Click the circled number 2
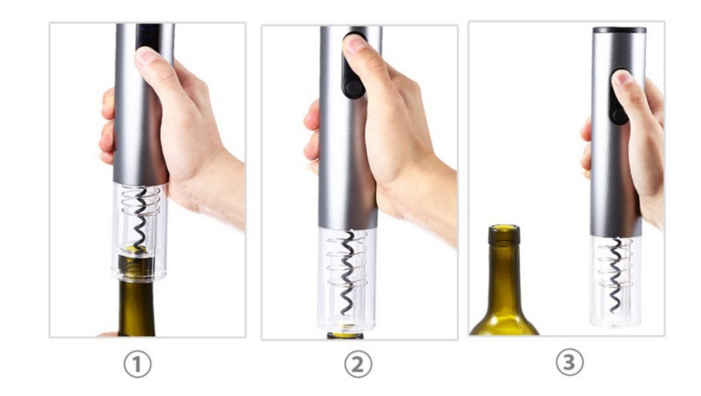click(x=358, y=364)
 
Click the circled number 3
click(x=570, y=363)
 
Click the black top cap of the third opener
click(x=619, y=30)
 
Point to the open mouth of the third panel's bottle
click(x=504, y=228)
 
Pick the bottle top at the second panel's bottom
click(x=345, y=335)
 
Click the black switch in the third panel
click(x=617, y=109)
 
